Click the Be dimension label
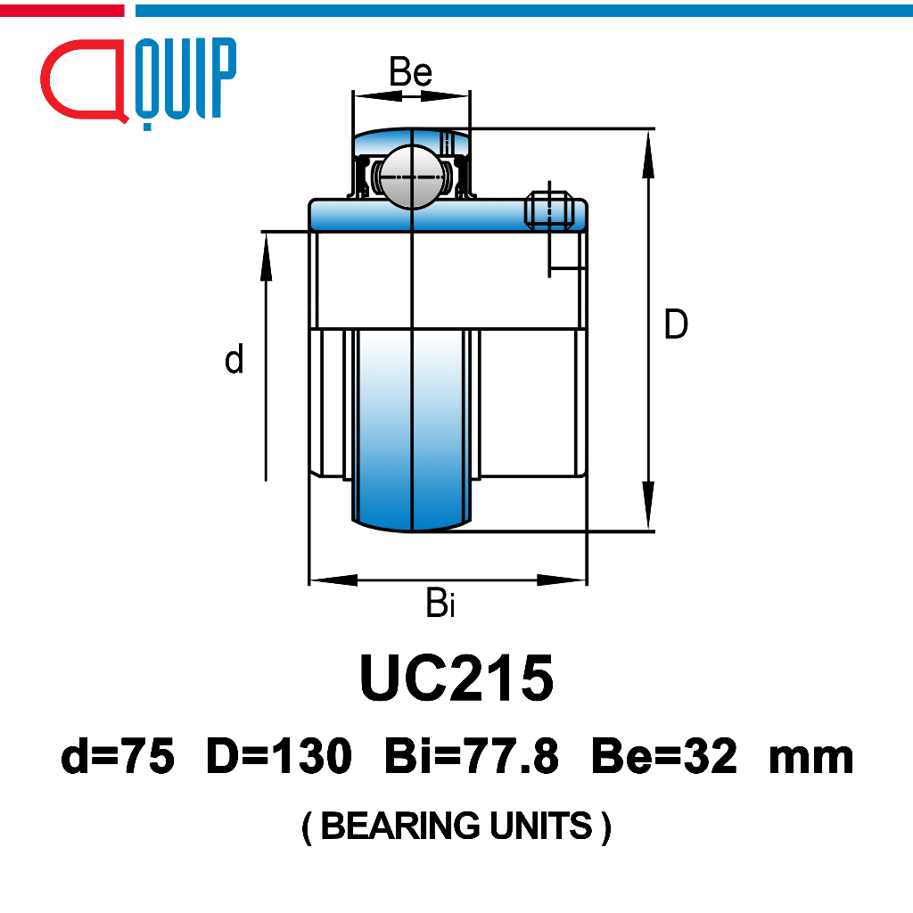pos(410,71)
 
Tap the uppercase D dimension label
pos(676,325)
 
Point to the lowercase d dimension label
pos(234,358)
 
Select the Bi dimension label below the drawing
pos(440,603)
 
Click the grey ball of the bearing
pos(412,176)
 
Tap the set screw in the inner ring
pos(549,210)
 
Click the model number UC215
pos(456,678)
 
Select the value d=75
pos(118,756)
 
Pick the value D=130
pos(279,756)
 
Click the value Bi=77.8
pos(472,756)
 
